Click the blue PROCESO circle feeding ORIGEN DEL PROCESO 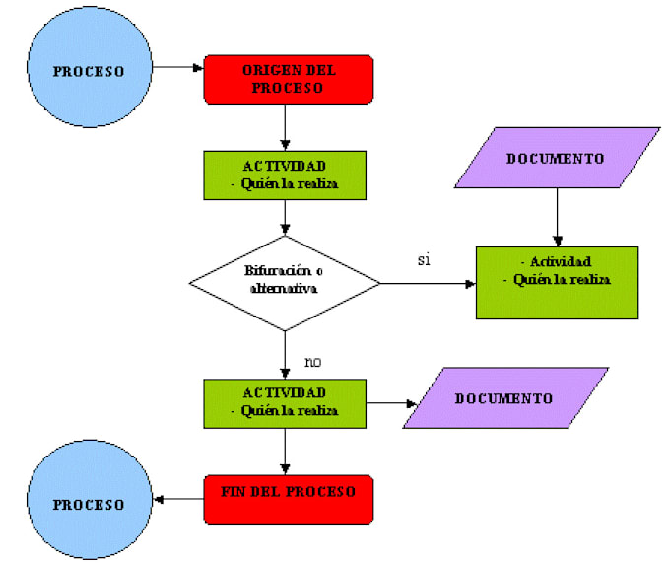tap(89, 71)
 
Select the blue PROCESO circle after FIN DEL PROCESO tap(89, 504)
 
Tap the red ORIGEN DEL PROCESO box tap(288, 79)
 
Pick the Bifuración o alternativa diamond tap(285, 283)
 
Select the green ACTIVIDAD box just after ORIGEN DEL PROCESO tap(285, 174)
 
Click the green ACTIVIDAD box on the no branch tap(285, 402)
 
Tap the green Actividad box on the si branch tap(556, 281)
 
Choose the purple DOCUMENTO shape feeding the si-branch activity tap(556, 158)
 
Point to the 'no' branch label tap(312, 362)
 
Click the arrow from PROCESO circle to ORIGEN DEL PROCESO tap(178, 68)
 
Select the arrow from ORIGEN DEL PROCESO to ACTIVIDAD tap(285, 126)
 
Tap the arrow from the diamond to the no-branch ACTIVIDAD tap(285, 355)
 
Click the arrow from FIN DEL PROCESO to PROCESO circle tap(180, 499)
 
